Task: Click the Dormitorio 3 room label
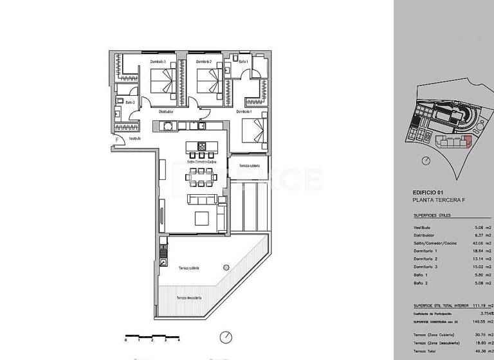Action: [x=158, y=62]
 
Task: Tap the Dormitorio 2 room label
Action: [x=204, y=62]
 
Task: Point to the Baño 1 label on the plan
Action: [x=242, y=62]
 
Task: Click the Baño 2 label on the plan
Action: [x=130, y=102]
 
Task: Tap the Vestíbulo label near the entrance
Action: [x=134, y=138]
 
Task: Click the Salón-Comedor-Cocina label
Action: [x=201, y=162]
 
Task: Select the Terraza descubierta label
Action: [x=189, y=298]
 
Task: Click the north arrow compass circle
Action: [x=225, y=337]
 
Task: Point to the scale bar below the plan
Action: [x=152, y=336]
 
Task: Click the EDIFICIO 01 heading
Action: [x=428, y=192]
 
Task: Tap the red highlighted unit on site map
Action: [x=468, y=141]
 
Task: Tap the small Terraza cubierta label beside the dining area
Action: [x=249, y=166]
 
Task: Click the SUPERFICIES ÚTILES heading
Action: [x=434, y=216]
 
